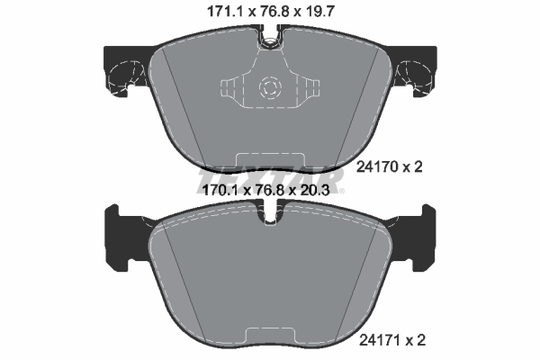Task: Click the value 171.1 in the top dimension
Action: (213, 12)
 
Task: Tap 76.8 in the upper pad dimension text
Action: (270, 12)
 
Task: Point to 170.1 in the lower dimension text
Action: (213, 190)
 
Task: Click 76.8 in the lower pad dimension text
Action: (270, 190)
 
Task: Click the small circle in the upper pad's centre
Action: (269, 88)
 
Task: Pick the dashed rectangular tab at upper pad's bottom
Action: (270, 159)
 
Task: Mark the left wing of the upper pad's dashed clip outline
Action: (229, 89)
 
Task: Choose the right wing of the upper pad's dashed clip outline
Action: (310, 89)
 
